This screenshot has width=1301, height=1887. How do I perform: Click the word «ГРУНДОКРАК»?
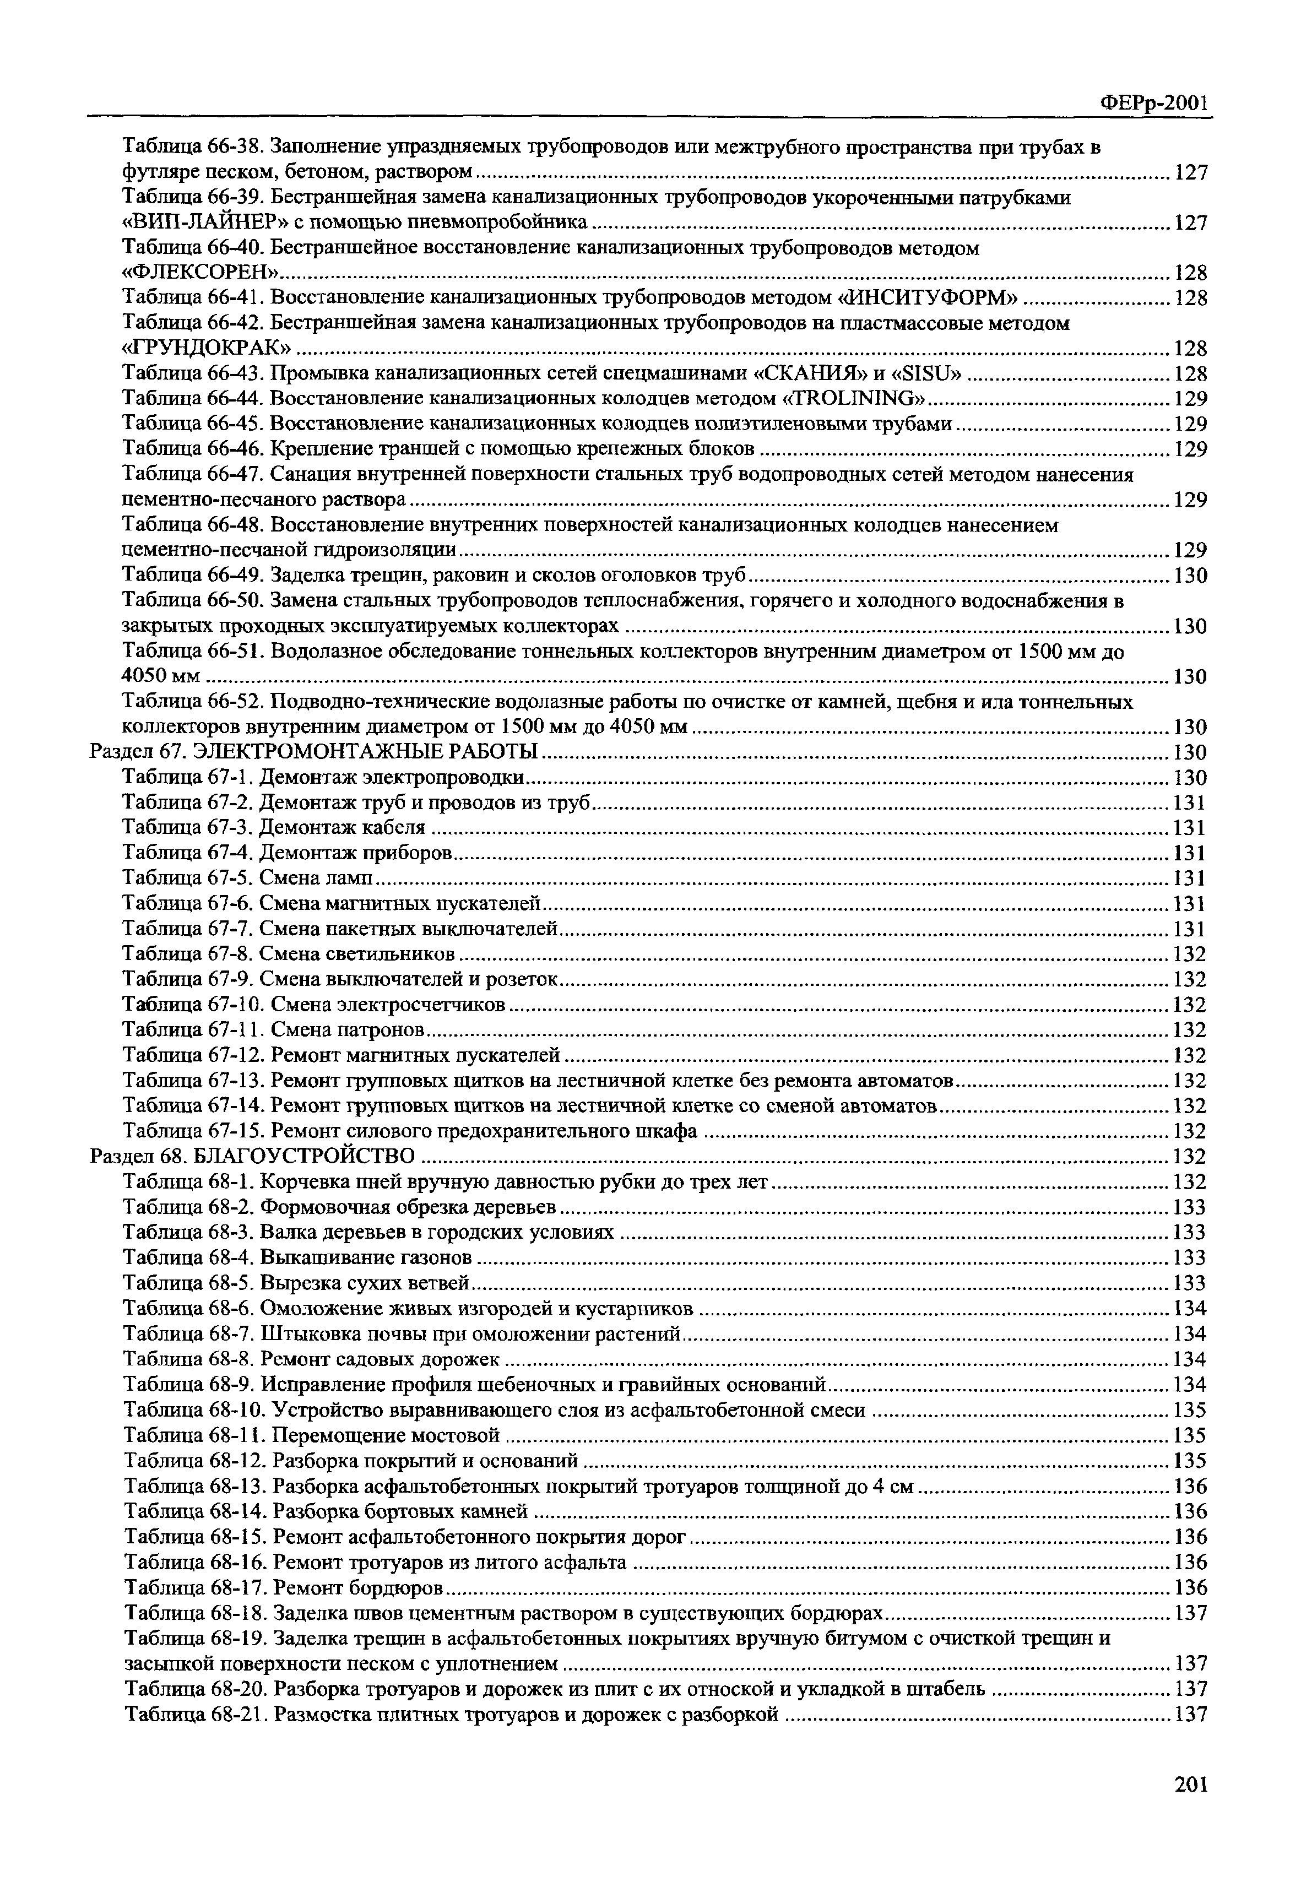pos(206,348)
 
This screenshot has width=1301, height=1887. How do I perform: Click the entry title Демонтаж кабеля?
pos(343,827)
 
